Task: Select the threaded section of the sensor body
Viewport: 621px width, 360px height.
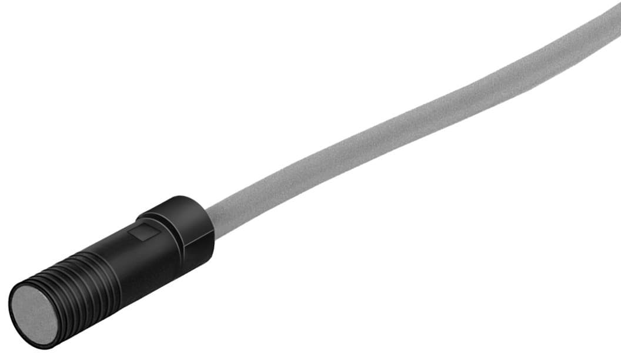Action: coord(82,288)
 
